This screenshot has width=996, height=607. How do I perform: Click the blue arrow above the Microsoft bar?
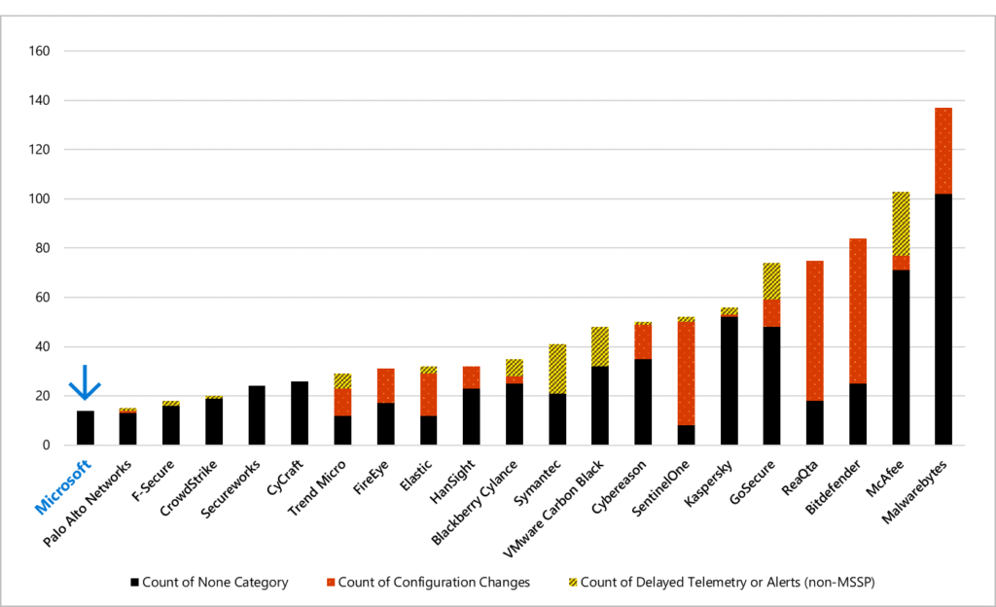pos(86,382)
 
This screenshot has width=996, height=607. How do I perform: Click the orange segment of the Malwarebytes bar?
pos(943,151)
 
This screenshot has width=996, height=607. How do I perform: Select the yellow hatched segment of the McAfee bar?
pos(900,224)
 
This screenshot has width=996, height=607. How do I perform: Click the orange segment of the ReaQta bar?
pos(814,331)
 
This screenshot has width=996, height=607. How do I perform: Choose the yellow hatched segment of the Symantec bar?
pos(557,369)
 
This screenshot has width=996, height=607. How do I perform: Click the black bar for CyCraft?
pos(300,413)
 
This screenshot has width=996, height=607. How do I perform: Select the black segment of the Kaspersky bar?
pos(729,380)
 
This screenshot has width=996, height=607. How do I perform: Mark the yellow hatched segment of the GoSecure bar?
pos(771,281)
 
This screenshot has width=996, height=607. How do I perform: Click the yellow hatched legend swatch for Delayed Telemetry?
pos(573,582)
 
